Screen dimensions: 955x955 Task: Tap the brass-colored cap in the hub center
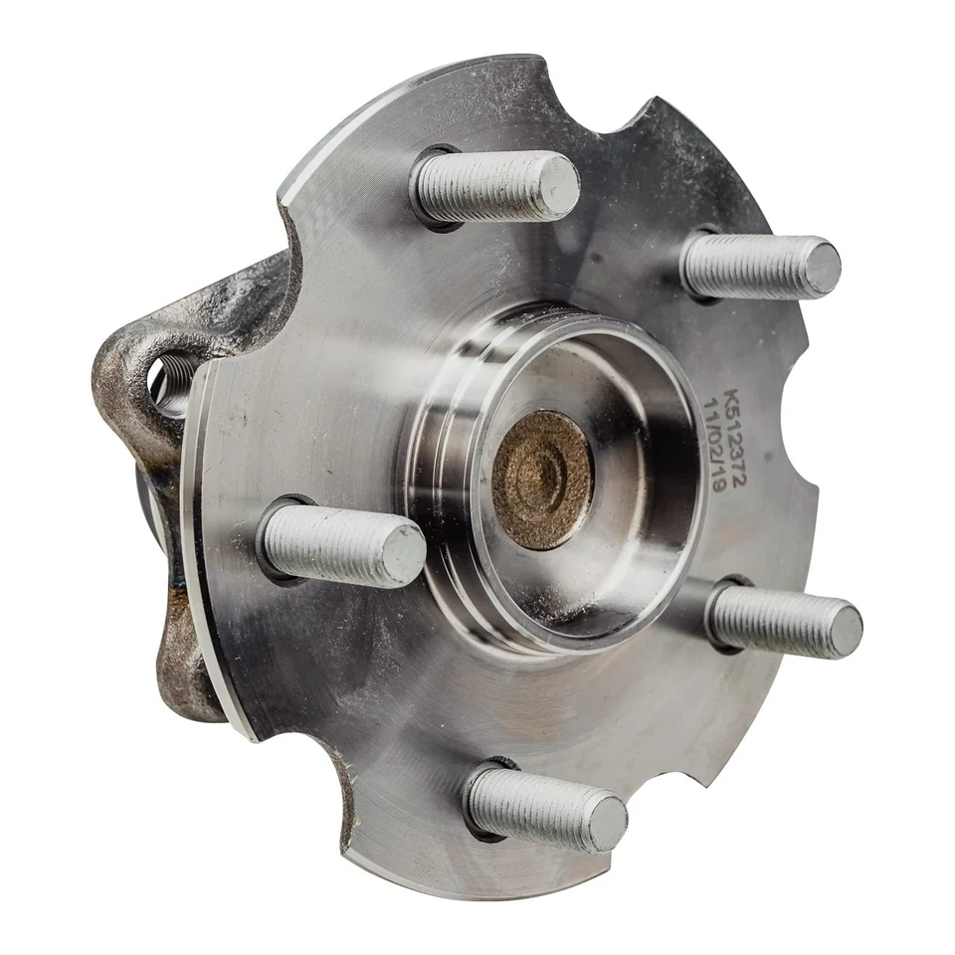542,479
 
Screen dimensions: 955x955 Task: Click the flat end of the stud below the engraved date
846,631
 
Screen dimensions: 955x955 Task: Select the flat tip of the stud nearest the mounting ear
402,554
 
